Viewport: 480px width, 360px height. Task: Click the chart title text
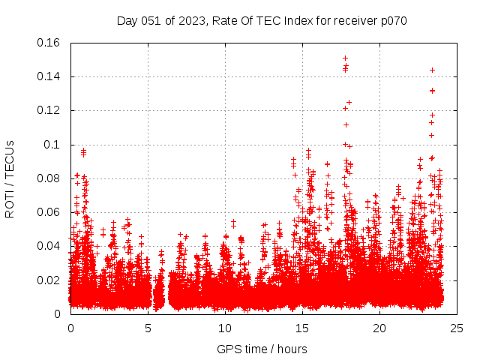point(262,20)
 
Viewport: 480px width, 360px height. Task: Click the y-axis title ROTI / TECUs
point(10,178)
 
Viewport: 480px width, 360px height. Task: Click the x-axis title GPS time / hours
point(262,349)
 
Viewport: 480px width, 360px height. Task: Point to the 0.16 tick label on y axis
point(50,43)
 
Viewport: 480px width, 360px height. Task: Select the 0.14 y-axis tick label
point(50,76)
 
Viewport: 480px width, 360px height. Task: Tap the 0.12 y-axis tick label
point(50,110)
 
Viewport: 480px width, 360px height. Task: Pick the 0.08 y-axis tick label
point(50,178)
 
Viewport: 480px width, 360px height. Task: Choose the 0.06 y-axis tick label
point(50,212)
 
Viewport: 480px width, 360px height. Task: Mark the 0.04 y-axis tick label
point(50,246)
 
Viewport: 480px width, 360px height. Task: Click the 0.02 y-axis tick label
point(50,280)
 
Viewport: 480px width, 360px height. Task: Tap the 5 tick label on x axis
point(148,328)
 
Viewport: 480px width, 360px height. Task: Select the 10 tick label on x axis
point(225,328)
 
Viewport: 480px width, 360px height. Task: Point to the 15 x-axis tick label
point(302,328)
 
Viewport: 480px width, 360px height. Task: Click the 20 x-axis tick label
point(379,328)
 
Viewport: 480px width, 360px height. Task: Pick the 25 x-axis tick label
point(457,328)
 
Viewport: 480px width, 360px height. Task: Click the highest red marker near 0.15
point(345,58)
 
